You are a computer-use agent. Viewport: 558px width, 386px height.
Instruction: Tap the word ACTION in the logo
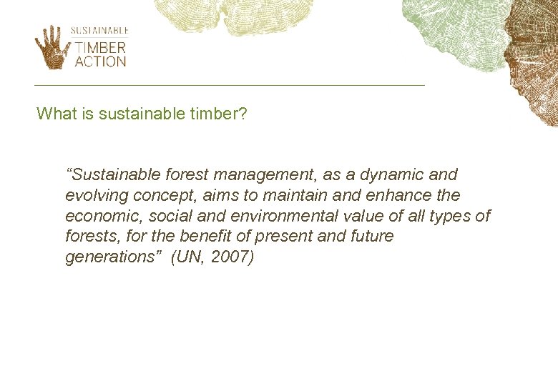100,61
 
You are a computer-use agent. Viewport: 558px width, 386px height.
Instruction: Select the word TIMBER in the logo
100,48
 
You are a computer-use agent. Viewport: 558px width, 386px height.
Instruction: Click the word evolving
94,195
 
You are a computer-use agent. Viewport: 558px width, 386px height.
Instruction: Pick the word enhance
399,195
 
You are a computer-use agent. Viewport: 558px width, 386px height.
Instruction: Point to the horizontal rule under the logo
229,85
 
